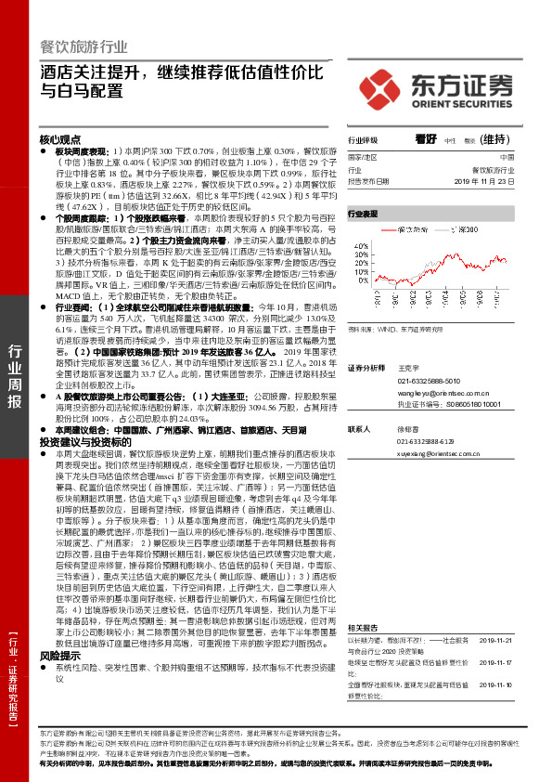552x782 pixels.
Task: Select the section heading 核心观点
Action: click(x=60, y=138)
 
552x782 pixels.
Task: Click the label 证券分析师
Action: click(x=365, y=369)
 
